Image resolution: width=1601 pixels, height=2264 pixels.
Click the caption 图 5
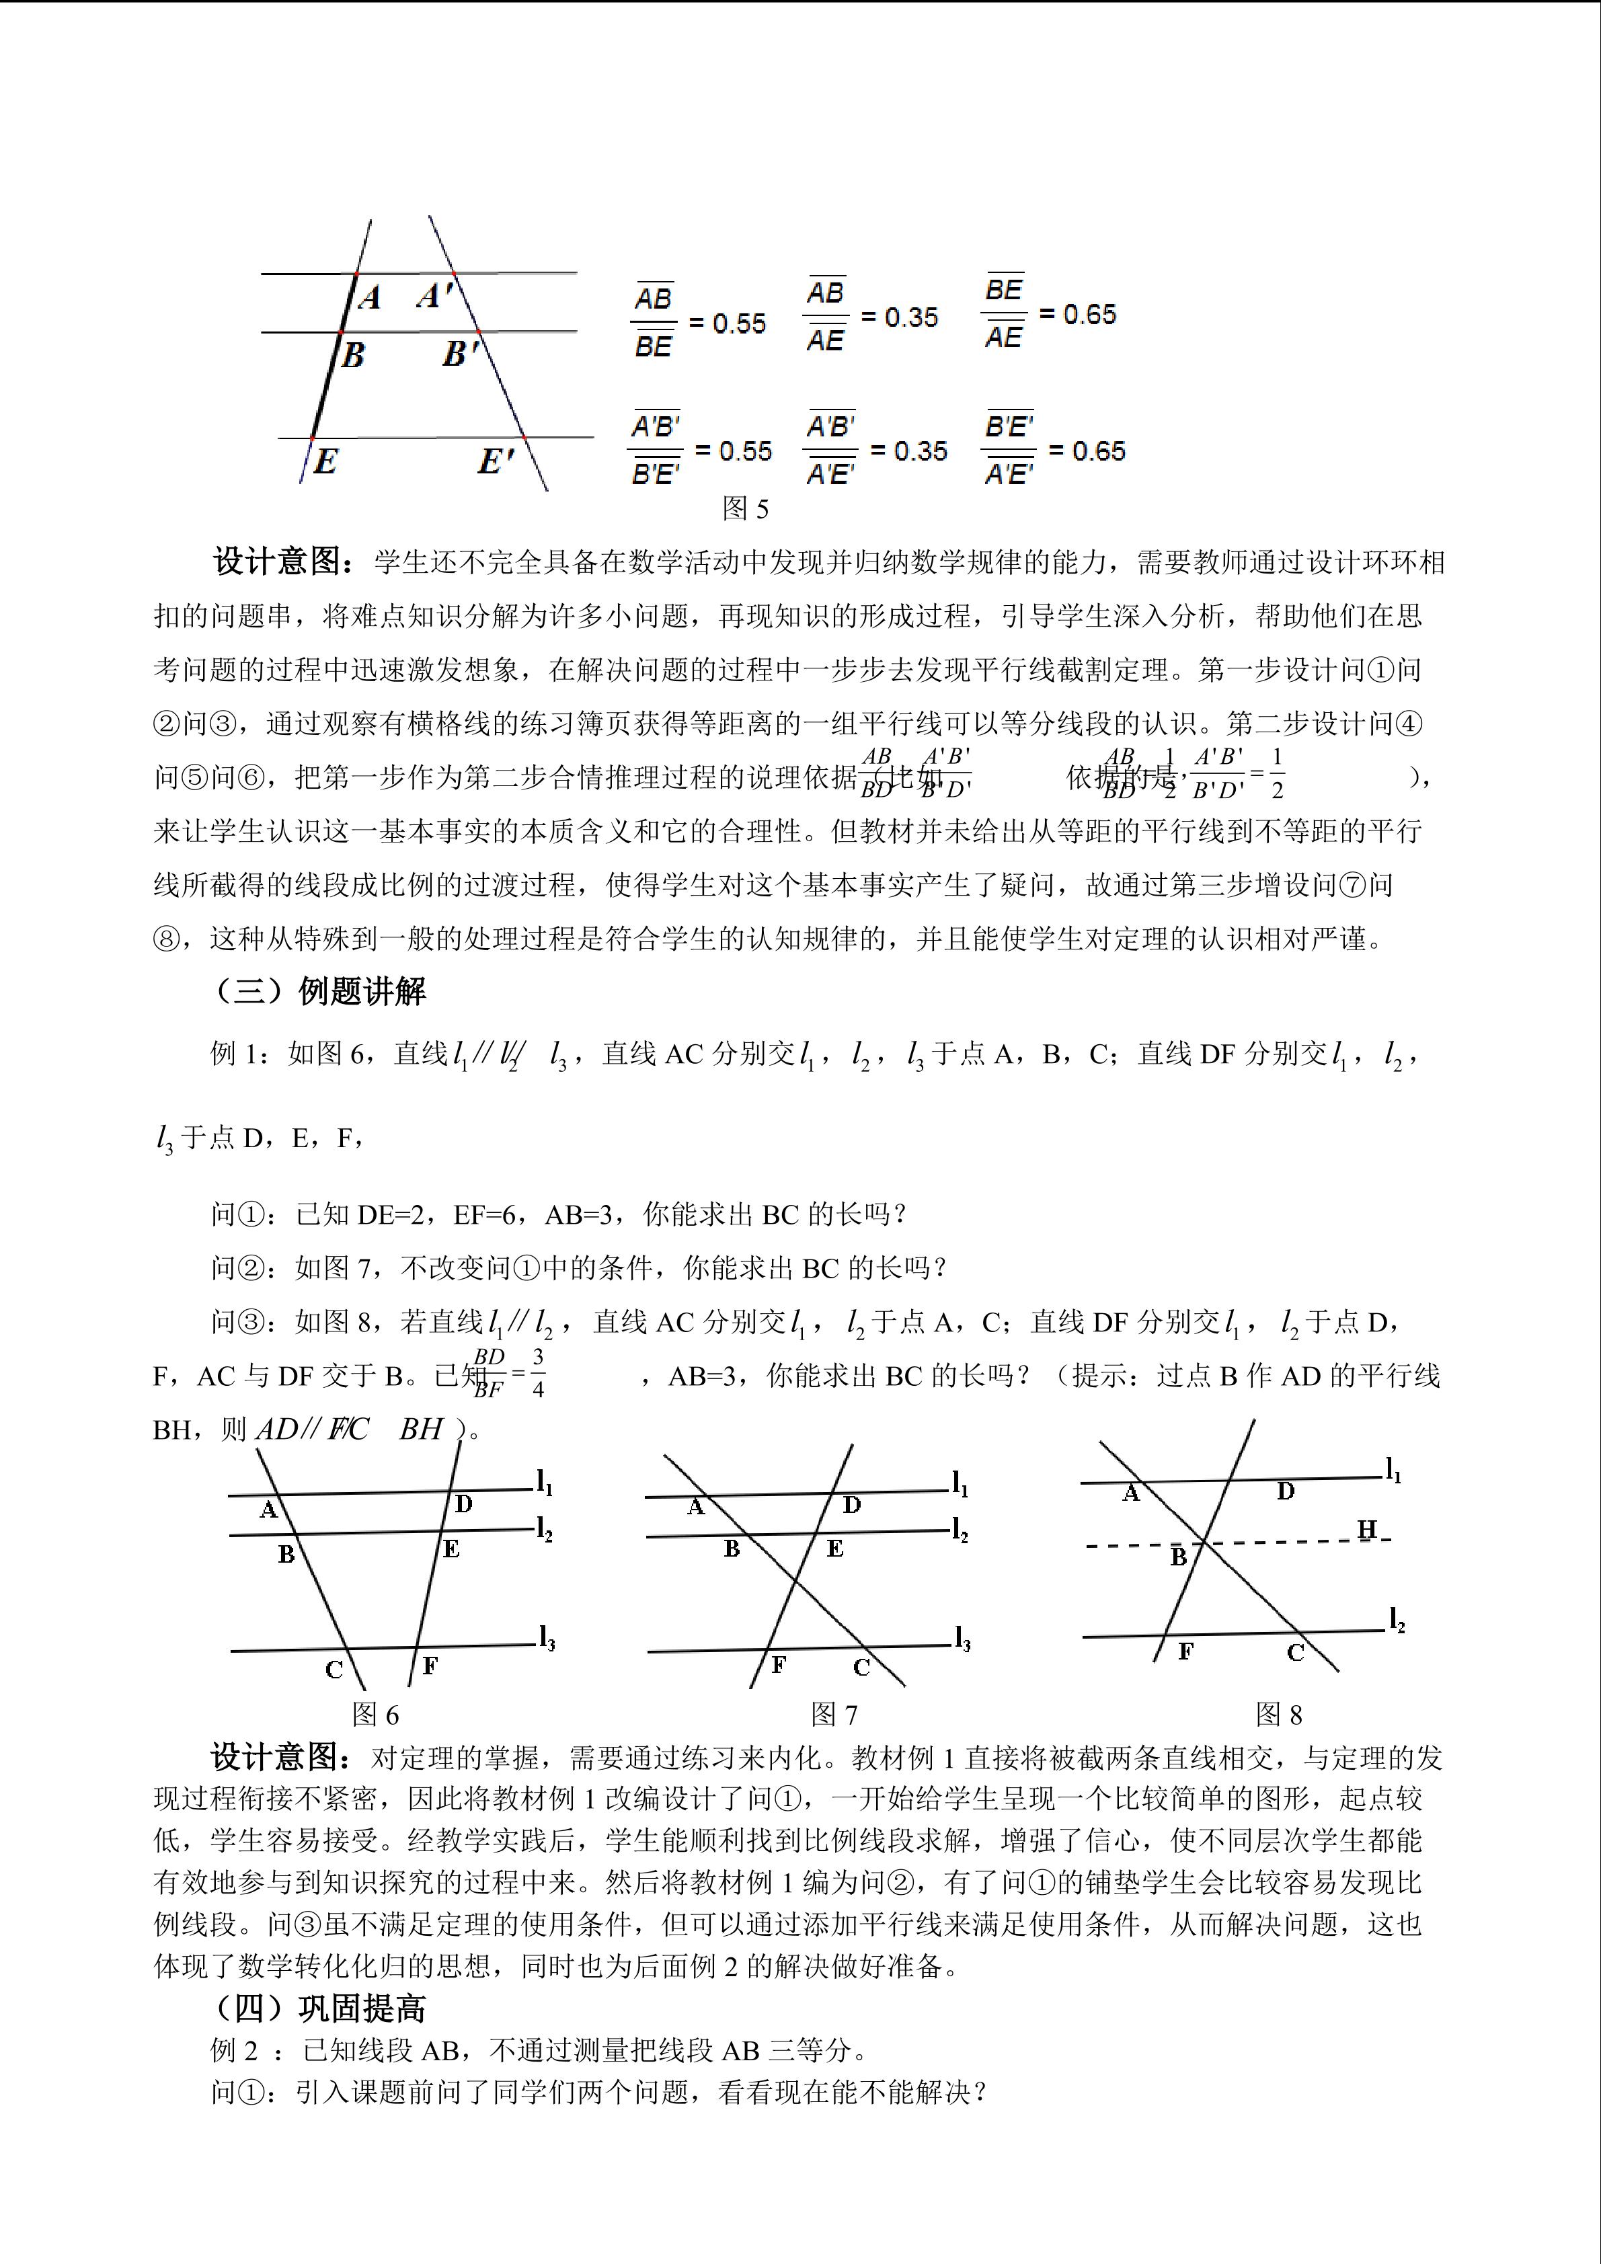pos(744,509)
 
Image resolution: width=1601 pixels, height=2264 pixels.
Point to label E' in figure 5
pos(496,461)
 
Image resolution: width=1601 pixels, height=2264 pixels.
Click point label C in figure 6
pos(334,1670)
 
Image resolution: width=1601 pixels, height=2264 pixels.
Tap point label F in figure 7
pos(779,1666)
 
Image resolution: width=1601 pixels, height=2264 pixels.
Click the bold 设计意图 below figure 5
pos(282,562)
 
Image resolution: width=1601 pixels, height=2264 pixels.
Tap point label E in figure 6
pos(451,1549)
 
